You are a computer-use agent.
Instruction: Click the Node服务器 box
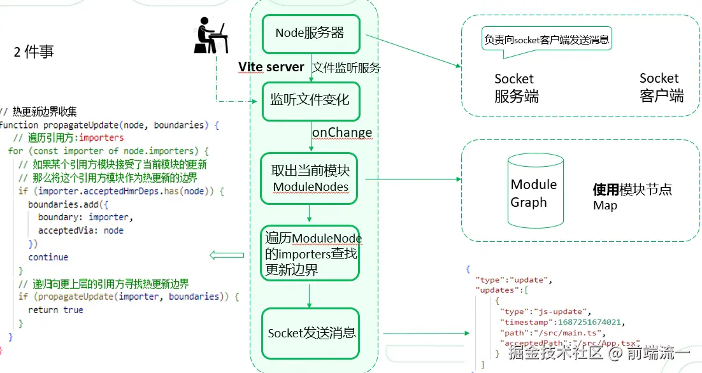tap(310, 34)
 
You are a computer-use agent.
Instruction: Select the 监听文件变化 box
tap(310, 101)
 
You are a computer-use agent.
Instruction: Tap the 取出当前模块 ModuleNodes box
tap(310, 178)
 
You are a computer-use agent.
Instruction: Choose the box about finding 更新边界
tap(310, 253)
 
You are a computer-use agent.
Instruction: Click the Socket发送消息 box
tap(310, 333)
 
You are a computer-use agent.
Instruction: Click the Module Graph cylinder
tap(534, 192)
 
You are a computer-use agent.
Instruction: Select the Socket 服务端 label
tap(515, 88)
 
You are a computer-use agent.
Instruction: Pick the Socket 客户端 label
tap(661, 87)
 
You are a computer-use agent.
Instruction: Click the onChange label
tap(341, 132)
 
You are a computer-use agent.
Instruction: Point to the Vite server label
tap(271, 67)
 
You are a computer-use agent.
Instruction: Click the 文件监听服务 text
tap(347, 67)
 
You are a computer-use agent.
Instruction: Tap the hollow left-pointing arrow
tap(227, 255)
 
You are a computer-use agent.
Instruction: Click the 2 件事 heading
tap(34, 53)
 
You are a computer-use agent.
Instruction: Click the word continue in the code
tap(48, 257)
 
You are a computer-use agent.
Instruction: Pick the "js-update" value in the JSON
tap(566, 312)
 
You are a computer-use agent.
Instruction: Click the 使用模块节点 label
tap(632, 190)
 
